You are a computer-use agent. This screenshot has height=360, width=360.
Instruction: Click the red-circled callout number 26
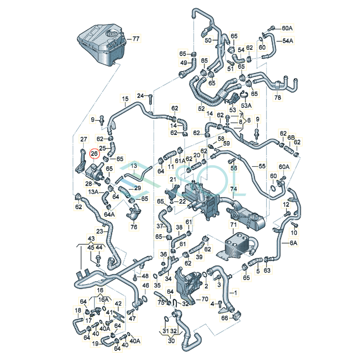[x=94, y=154]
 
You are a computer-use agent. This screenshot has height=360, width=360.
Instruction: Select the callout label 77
[x=136, y=39]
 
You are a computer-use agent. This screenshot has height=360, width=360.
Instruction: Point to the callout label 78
[x=277, y=97]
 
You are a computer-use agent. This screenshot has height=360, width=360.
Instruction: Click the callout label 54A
[x=288, y=41]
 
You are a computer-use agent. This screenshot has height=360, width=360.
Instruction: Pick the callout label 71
[x=233, y=225]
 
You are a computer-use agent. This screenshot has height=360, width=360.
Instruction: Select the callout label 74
[x=233, y=189]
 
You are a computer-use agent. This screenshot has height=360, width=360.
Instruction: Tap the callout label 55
[x=262, y=166]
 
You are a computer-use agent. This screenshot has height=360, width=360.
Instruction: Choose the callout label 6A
[x=293, y=243]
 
